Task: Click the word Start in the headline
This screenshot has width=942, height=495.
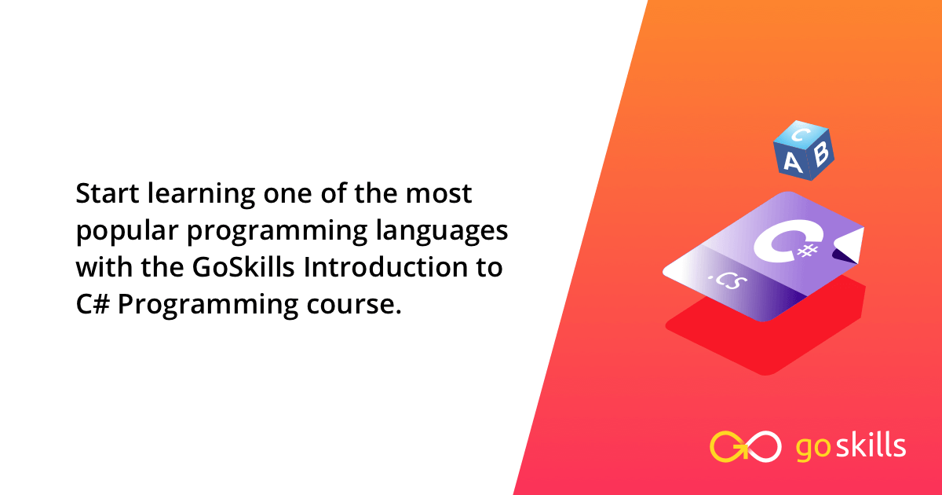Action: [x=108, y=193]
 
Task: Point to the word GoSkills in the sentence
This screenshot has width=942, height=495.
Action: [x=243, y=267]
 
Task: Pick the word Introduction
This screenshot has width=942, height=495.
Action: [x=385, y=267]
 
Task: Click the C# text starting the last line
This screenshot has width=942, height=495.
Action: [x=93, y=304]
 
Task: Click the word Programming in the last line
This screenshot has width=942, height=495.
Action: [x=208, y=306]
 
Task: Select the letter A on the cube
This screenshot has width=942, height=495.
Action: [x=793, y=163]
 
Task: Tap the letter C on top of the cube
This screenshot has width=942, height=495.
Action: [x=801, y=134]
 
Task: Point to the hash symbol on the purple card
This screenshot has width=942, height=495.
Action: [x=808, y=251]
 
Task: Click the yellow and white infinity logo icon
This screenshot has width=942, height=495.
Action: [x=745, y=446]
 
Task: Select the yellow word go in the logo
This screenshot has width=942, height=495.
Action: [x=813, y=449]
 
